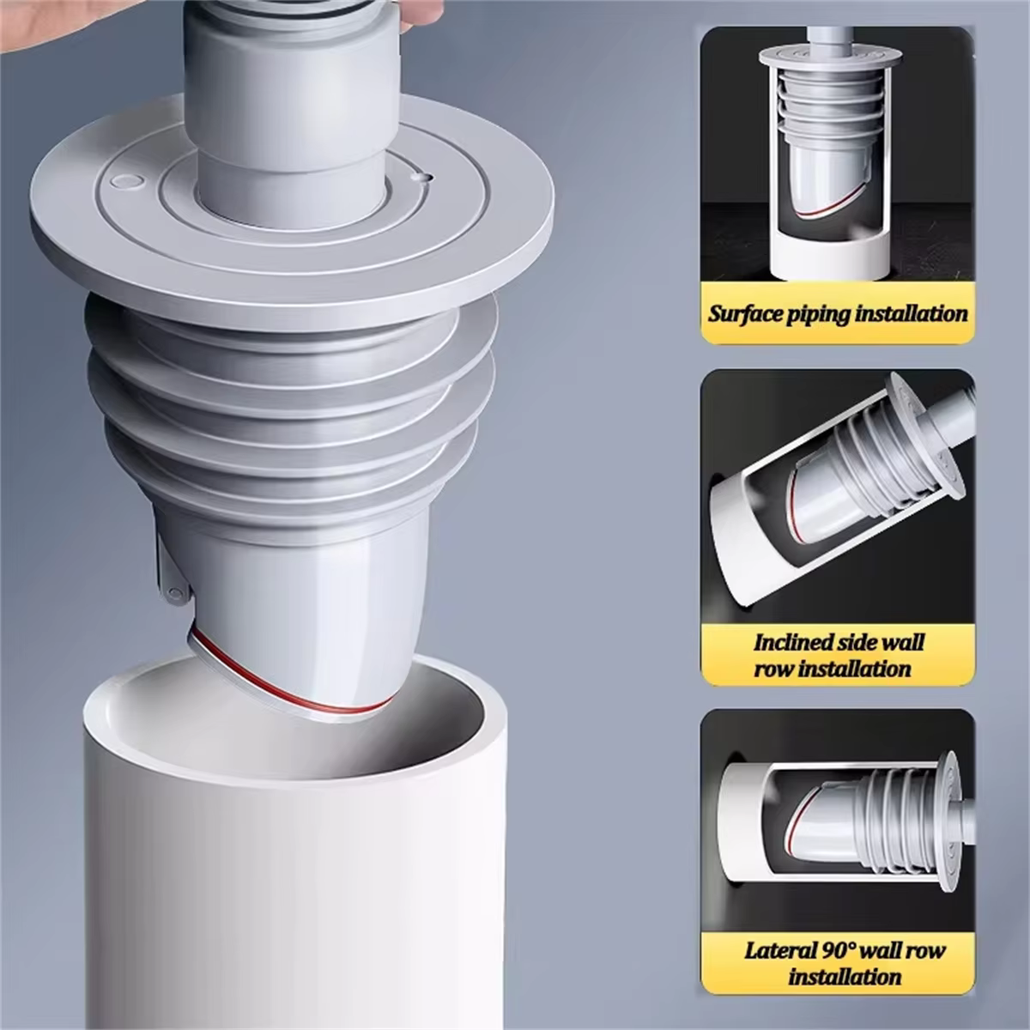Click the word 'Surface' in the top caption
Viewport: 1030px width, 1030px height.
pos(745,313)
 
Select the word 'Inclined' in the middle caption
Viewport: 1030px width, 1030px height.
pos(794,641)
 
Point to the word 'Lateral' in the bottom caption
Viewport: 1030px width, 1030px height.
pos(780,949)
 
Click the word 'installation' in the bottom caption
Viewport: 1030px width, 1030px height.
pos(845,976)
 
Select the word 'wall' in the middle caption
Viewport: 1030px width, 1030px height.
pos(900,641)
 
